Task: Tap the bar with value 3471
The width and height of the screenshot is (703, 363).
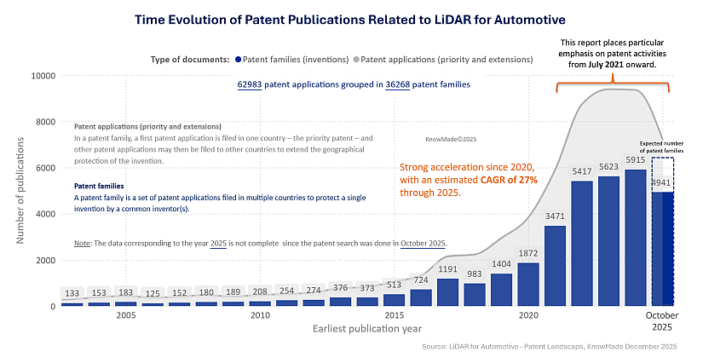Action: pos(555,265)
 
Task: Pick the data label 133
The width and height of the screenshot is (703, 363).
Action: pos(72,294)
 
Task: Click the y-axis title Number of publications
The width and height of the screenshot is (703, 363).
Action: pos(20,190)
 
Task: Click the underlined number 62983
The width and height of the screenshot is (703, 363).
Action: pos(251,85)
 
